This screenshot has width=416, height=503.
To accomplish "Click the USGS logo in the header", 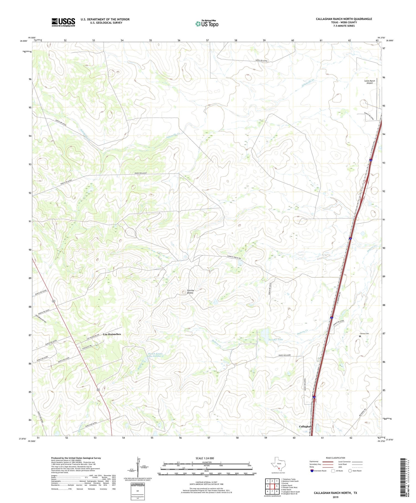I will tap(63, 22).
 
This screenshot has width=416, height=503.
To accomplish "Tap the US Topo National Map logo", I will tap(207, 24).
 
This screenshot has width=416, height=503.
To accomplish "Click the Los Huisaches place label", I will tap(112, 334).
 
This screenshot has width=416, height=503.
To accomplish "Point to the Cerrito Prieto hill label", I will tap(190, 292).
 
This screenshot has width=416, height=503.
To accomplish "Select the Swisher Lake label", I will tap(276, 339).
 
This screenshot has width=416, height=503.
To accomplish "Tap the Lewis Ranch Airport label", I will tap(369, 82).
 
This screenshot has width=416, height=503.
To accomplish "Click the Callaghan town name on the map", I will tap(305, 426).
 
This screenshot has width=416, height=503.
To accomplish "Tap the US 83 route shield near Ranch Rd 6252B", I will tap(53, 301).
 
